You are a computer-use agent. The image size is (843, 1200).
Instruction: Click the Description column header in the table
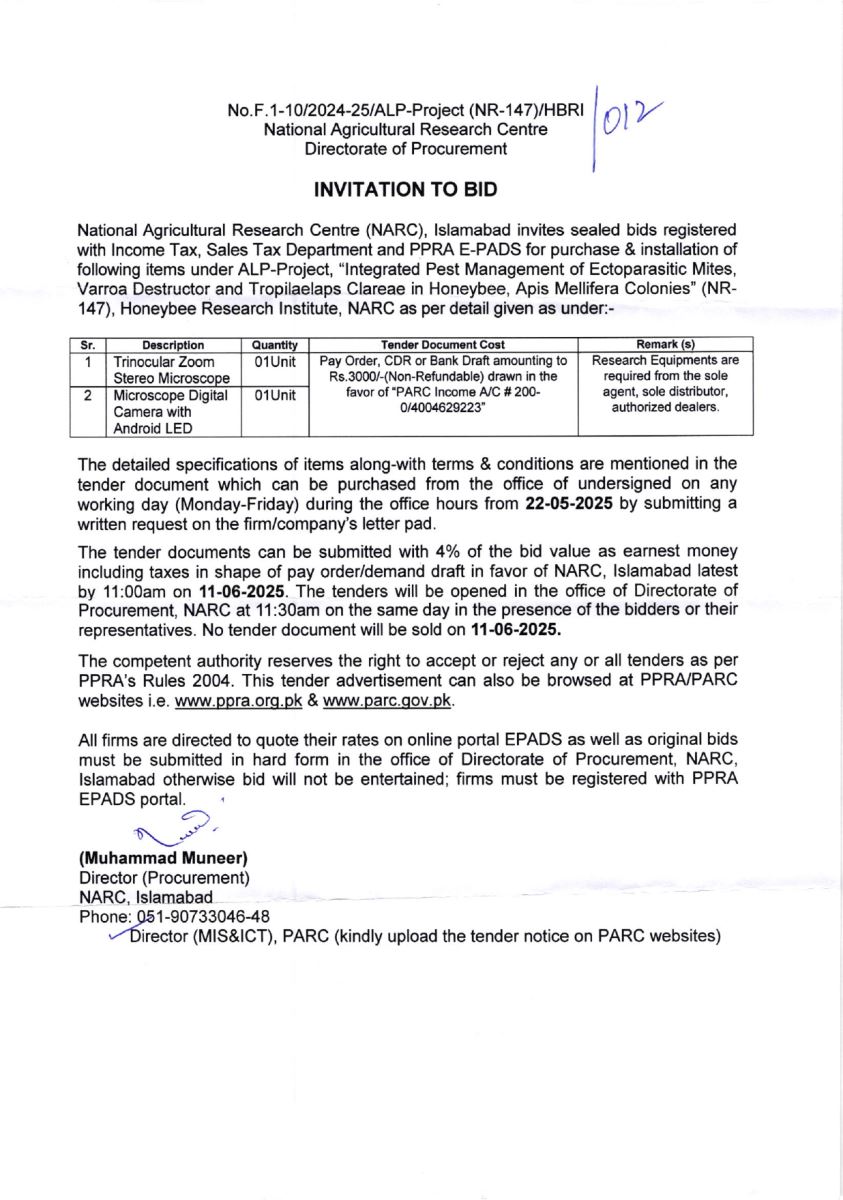coord(172,345)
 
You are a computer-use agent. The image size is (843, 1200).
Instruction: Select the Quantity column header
coord(274,345)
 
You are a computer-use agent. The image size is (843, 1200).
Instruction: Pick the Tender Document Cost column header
coord(443,345)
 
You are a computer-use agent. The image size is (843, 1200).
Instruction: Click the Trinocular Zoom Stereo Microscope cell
coord(171,369)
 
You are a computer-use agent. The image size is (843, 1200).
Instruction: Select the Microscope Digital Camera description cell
coord(171,411)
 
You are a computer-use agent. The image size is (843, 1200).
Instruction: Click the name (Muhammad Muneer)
coord(163,858)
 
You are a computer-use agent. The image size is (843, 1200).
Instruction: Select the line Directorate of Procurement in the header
coord(406,148)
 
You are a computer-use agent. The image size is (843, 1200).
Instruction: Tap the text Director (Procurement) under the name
coord(164,878)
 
